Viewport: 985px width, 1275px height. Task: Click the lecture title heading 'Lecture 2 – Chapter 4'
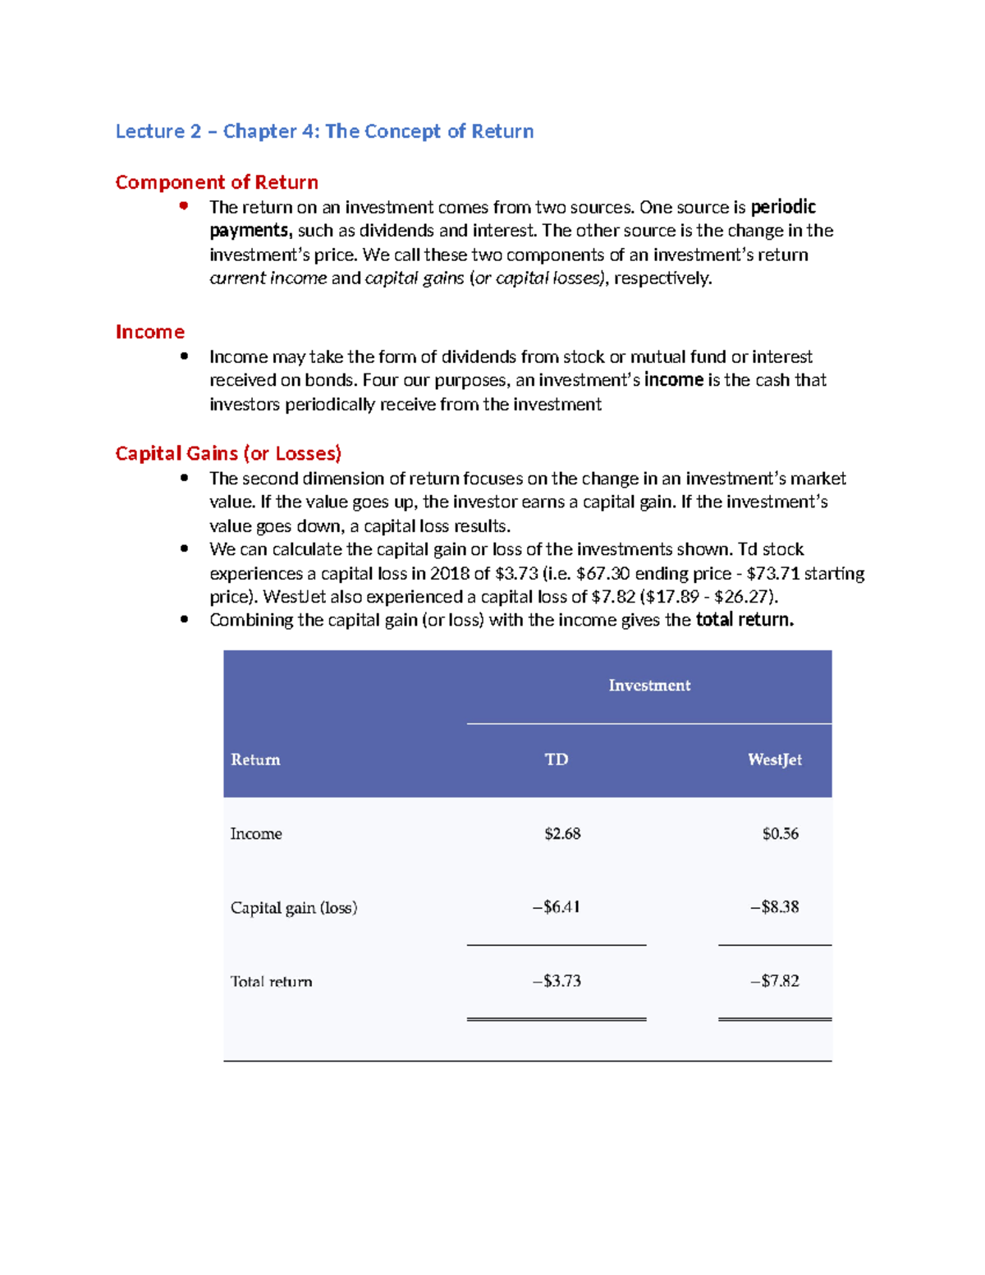(324, 131)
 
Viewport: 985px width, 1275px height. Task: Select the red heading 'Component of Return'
(217, 182)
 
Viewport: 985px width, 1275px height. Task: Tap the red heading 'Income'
(149, 332)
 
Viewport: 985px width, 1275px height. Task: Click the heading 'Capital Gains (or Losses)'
(228, 453)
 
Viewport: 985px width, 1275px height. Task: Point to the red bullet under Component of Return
(184, 206)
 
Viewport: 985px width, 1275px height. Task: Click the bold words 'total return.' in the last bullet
(744, 620)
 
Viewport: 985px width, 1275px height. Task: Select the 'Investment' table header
(649, 686)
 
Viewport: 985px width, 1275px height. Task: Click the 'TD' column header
(557, 759)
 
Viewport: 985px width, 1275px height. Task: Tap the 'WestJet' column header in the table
(774, 759)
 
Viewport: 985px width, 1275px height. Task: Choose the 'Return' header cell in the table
(255, 759)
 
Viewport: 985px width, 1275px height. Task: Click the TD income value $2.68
(562, 833)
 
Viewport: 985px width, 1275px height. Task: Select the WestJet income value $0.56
(780, 833)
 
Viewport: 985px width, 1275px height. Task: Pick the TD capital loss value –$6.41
(557, 907)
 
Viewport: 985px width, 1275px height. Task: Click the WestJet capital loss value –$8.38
(774, 907)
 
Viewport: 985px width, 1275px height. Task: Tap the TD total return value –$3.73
(557, 981)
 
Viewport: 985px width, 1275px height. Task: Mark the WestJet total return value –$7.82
(774, 981)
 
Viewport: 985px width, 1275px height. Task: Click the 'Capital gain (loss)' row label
(294, 907)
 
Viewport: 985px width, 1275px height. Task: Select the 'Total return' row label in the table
(271, 981)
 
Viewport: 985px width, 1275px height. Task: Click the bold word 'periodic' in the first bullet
(783, 207)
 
